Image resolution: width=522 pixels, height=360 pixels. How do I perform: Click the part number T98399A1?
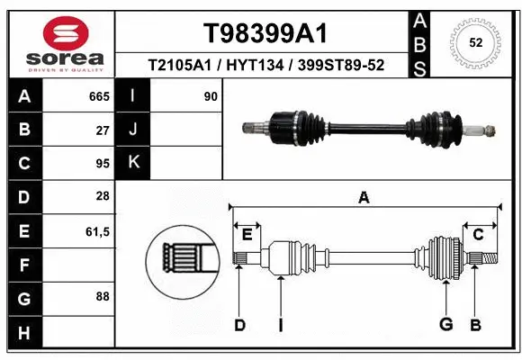tap(264, 33)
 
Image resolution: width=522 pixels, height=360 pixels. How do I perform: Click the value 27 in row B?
tap(103, 130)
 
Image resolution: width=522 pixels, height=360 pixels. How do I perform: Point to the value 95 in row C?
tap(103, 164)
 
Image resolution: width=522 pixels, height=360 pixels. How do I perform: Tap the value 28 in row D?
tap(103, 197)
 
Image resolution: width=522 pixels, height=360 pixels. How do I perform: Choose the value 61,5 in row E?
tap(96, 231)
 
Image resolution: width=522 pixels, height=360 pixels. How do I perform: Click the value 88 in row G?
tap(103, 296)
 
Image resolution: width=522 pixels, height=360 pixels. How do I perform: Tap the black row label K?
tap(134, 163)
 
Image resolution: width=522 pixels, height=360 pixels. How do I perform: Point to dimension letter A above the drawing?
tap(364, 197)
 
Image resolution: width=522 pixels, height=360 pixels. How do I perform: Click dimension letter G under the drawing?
tap(445, 325)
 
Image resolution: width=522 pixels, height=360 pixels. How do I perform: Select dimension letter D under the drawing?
tap(239, 325)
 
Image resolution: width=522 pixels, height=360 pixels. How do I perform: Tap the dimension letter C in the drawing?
tap(479, 235)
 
